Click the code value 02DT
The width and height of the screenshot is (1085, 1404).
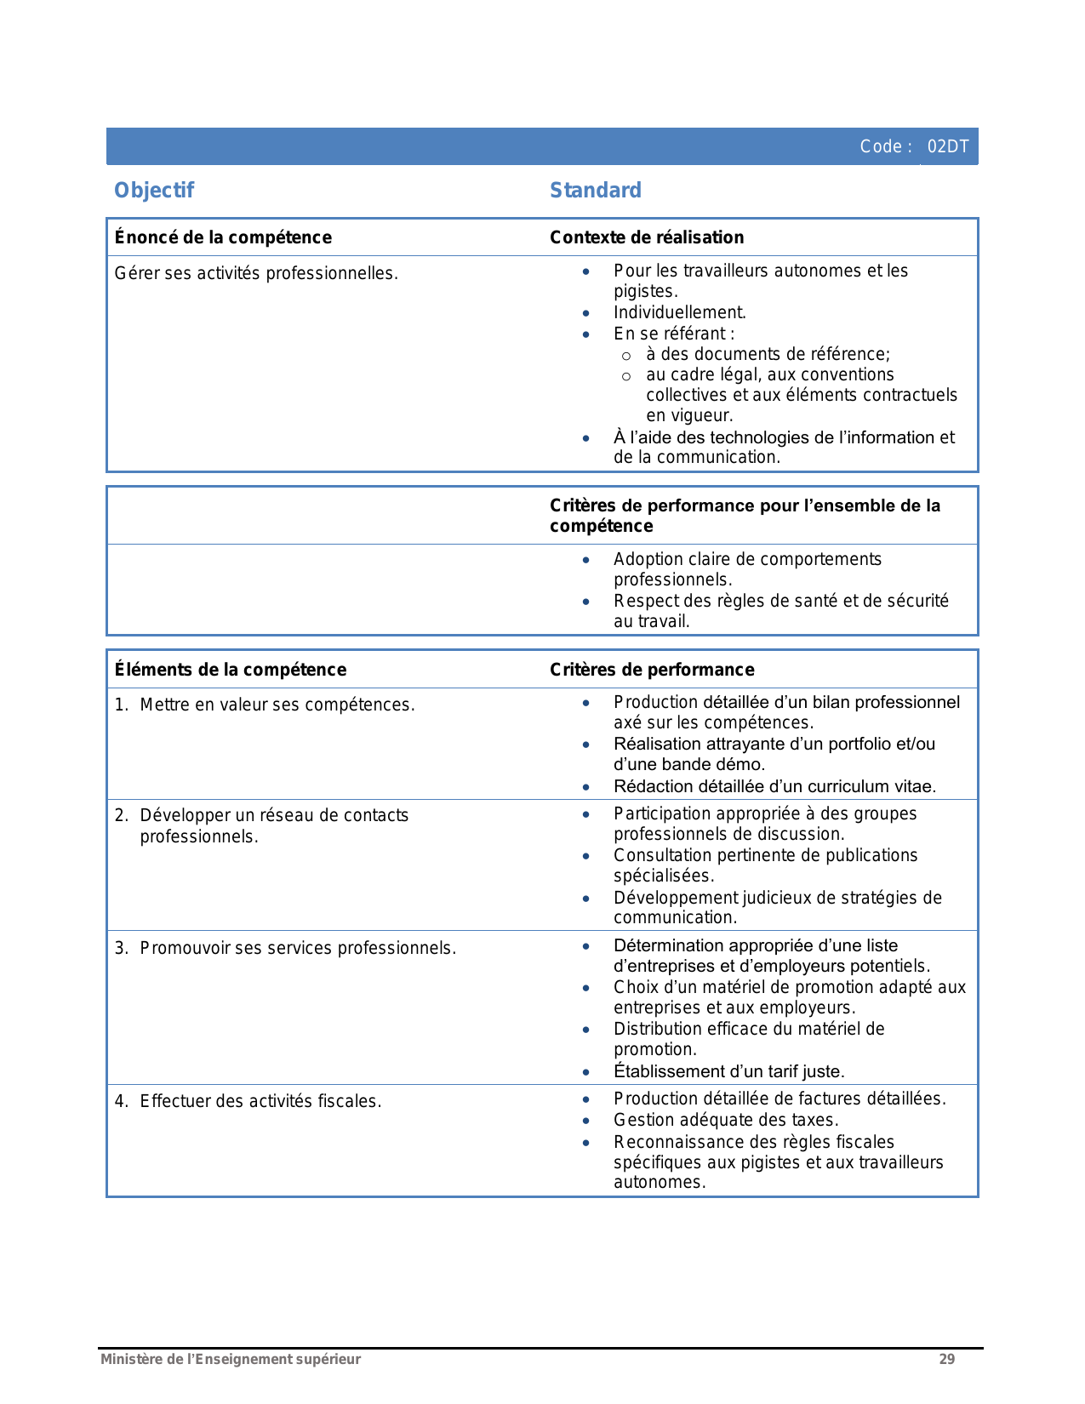(x=947, y=146)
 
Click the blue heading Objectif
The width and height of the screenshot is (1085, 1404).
(x=154, y=190)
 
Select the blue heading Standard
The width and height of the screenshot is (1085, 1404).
(x=595, y=190)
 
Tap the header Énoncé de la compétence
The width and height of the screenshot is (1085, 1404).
(x=223, y=237)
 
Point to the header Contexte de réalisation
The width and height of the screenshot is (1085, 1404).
(x=647, y=237)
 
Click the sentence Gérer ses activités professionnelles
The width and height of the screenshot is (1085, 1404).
(x=256, y=273)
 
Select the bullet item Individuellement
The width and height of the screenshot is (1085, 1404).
(x=679, y=312)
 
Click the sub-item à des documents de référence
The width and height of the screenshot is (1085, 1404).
(x=768, y=354)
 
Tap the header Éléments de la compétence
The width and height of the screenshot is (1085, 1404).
(x=231, y=670)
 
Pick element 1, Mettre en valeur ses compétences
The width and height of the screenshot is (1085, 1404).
(x=277, y=705)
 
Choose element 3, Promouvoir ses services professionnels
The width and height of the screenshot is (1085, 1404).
(x=298, y=948)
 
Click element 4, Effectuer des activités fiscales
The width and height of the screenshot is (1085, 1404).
(x=260, y=1101)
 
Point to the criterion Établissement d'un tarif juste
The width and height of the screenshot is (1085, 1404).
(x=728, y=1071)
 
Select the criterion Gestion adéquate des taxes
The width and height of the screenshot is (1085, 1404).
(x=726, y=1120)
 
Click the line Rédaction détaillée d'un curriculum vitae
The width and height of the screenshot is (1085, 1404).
(x=774, y=786)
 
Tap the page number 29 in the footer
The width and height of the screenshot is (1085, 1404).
(x=946, y=1359)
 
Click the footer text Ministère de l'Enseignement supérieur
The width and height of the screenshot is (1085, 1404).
(x=231, y=1359)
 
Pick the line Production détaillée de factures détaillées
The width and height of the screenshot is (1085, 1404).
(x=779, y=1099)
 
